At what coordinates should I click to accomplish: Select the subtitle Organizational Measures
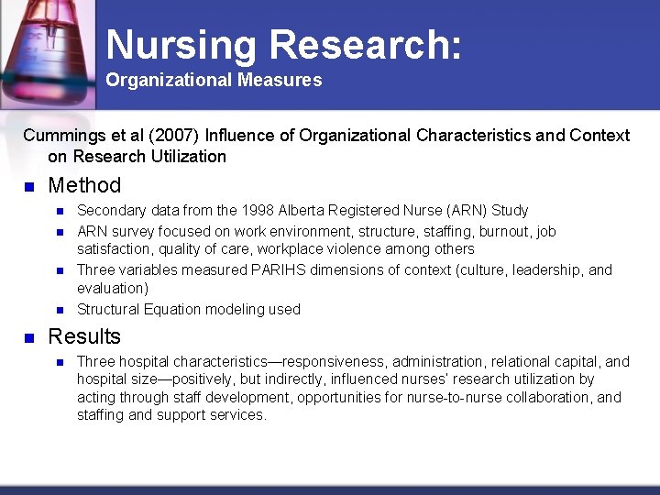214,81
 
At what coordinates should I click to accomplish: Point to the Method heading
84,185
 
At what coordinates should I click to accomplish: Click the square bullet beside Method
28,186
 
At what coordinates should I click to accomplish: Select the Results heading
84,336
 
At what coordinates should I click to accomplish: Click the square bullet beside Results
28,337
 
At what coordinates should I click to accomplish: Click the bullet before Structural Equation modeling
58,310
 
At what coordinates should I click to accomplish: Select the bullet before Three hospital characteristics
58,362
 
